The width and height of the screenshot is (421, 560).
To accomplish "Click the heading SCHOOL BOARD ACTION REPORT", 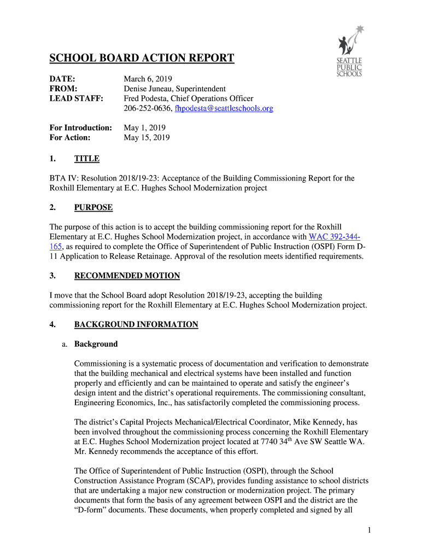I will [x=142, y=59].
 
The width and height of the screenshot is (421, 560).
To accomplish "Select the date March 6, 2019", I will [x=148, y=79].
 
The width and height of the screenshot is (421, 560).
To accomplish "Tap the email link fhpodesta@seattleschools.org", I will [x=224, y=109].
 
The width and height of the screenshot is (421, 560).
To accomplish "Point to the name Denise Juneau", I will [x=148, y=89].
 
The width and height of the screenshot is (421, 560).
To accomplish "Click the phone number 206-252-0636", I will [x=148, y=109].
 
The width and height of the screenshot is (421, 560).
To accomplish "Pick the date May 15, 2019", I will [x=147, y=138].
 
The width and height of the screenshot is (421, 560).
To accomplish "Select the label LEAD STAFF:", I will [x=75, y=98].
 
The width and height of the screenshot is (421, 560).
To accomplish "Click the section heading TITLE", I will [x=87, y=159].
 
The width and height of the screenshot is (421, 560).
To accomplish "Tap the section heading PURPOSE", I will [x=93, y=208].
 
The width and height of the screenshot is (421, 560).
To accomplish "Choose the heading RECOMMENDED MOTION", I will [x=127, y=276].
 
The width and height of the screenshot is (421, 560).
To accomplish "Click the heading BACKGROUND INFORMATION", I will [x=136, y=325].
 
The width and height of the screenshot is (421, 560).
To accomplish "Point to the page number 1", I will [x=370, y=529].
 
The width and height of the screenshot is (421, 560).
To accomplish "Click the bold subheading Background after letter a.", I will [x=96, y=344].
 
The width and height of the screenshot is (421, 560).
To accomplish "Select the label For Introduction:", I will [x=81, y=128].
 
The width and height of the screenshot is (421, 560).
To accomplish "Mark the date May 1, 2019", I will [x=144, y=128].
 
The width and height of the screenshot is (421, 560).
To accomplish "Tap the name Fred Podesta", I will [x=145, y=98].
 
